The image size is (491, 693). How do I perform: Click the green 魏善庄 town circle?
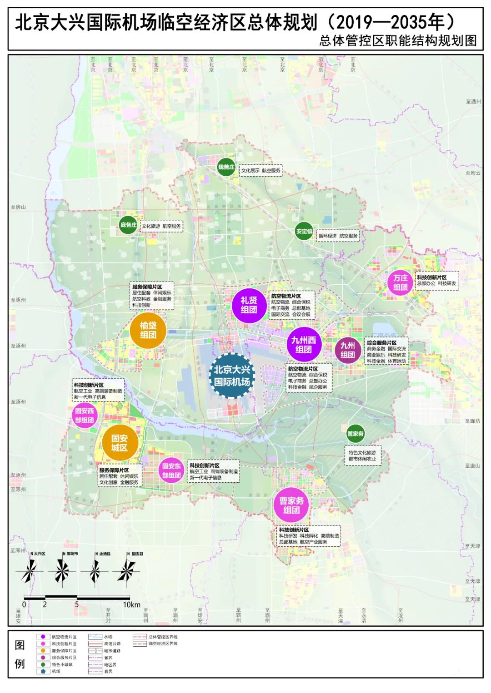[x=226, y=167]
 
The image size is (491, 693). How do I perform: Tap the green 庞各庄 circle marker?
[x=128, y=225]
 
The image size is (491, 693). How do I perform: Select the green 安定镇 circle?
[x=304, y=231]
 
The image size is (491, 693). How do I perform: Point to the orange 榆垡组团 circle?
[x=148, y=330]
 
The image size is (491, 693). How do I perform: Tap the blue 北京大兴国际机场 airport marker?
[x=232, y=376]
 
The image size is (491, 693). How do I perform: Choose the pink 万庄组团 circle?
[x=400, y=282]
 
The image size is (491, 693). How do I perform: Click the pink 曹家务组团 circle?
[x=291, y=505]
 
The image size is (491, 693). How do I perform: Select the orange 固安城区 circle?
[x=119, y=443]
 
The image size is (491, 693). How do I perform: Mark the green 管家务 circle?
[x=356, y=434]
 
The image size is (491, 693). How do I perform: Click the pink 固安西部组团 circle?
[x=85, y=416]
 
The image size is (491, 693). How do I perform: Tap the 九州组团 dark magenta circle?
[x=348, y=350]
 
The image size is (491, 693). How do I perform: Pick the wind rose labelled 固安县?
[x=126, y=571]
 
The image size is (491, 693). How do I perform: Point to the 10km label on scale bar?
[x=131, y=604]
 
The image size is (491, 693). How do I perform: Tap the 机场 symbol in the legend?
[x=43, y=671]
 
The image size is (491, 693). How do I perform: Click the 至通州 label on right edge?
[x=473, y=102]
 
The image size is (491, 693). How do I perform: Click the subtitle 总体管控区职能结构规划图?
[x=398, y=41]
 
